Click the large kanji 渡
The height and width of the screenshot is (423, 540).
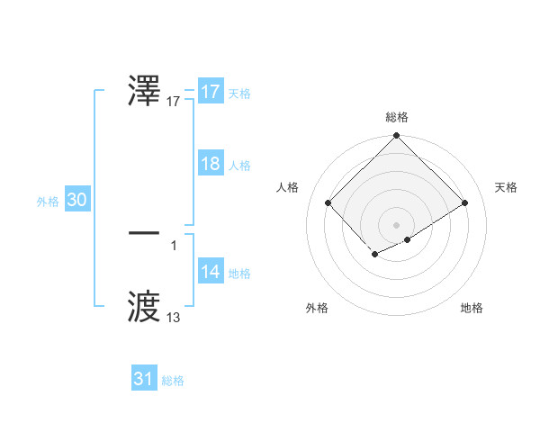pos(145,305)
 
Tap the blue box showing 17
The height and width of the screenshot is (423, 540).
pos(211,92)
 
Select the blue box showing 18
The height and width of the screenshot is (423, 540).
pos(211,164)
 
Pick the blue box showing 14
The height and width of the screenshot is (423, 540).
pos(211,273)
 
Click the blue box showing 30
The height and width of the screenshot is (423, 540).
pos(76,201)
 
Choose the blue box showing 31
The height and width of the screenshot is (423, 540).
pos(144,379)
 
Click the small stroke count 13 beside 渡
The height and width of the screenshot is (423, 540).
pos(173,318)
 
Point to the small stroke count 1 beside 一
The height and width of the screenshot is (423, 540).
pos(173,245)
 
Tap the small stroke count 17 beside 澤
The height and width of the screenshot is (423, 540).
pos(174,103)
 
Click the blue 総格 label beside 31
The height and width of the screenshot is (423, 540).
pos(173,381)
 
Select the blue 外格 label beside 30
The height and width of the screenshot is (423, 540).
pos(48,202)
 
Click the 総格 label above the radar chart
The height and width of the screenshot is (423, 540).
pos(397,117)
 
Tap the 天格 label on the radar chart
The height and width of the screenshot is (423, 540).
pos(507,187)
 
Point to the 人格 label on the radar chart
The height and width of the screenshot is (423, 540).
pos(288,187)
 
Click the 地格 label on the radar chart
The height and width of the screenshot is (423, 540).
pos(472,308)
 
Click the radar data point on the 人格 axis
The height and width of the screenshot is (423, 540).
pos(328,202)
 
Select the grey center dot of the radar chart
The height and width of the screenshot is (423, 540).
pos(397,224)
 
